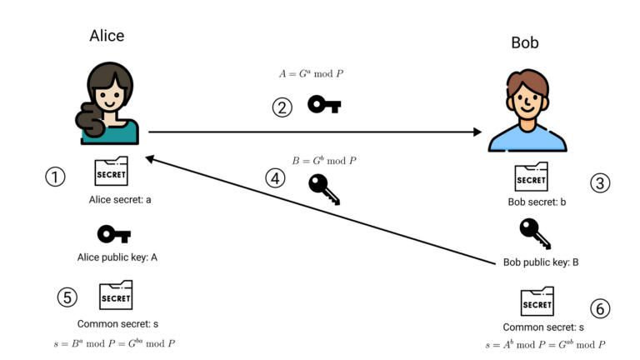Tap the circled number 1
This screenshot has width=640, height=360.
click(56, 177)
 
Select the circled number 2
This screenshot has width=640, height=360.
click(282, 107)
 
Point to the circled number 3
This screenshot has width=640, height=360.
click(600, 183)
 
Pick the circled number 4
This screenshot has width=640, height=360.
click(275, 177)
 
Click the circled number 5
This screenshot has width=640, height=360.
click(67, 297)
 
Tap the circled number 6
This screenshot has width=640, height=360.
click(599, 308)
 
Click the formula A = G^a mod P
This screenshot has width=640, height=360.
click(312, 74)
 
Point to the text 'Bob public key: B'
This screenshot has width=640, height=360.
click(541, 262)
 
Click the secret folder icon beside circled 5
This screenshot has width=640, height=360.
click(116, 296)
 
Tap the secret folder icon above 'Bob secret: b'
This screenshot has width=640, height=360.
click(531, 177)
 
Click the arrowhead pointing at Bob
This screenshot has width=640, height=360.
click(477, 132)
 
